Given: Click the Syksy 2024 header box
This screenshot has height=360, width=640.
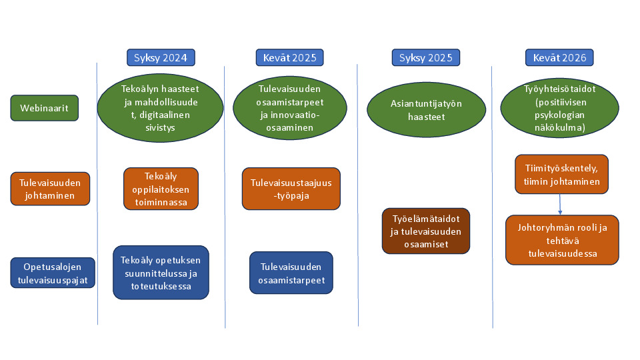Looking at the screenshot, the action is (161, 57).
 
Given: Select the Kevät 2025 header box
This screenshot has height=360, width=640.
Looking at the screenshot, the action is (290, 57).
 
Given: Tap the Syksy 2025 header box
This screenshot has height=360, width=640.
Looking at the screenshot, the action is (426, 57).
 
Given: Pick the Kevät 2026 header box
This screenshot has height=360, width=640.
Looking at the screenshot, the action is (559, 57).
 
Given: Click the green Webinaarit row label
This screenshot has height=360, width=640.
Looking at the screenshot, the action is (45, 108).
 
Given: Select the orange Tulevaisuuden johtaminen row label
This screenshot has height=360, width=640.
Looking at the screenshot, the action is (50, 189).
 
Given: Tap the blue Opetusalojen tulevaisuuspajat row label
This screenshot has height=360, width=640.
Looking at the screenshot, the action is (53, 273).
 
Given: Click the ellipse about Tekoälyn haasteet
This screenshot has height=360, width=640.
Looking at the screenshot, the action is (161, 108).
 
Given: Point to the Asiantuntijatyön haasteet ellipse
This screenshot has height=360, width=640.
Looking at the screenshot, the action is (427, 110).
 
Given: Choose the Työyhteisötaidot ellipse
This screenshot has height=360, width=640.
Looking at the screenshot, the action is (559, 108).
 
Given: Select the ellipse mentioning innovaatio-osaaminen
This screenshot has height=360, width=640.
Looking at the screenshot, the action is (290, 108).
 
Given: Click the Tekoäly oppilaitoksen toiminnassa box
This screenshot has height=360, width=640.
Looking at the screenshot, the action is (161, 189).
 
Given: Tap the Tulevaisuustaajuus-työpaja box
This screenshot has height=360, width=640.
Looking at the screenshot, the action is (291, 189).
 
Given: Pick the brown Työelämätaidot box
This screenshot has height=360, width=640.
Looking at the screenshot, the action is (426, 231).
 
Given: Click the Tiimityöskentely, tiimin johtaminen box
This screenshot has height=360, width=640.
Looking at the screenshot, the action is (561, 174).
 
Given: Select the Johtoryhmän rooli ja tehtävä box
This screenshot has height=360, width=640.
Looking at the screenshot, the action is (563, 240).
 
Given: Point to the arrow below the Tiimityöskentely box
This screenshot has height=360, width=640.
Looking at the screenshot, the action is (560, 205).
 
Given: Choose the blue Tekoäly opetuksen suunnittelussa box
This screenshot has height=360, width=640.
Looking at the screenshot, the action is (161, 273).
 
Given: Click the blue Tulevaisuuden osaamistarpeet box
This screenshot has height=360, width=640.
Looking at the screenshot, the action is (291, 273).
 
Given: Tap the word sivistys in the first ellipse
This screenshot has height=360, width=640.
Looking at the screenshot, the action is (161, 127).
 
